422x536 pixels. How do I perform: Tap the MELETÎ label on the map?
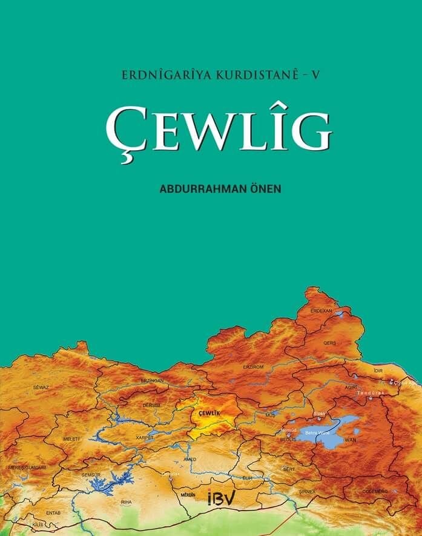[x=71, y=438]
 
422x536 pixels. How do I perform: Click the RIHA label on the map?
[x=126, y=502]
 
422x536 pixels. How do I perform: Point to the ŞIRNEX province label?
[x=307, y=492]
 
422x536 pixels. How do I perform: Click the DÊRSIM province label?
[x=151, y=405]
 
